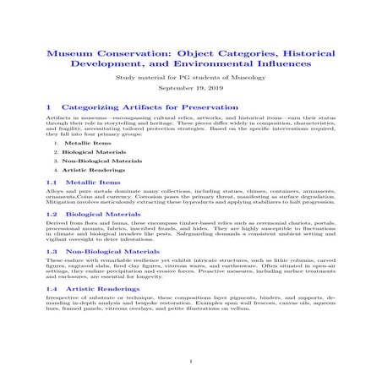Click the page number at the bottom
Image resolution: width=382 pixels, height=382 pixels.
(x=191, y=360)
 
